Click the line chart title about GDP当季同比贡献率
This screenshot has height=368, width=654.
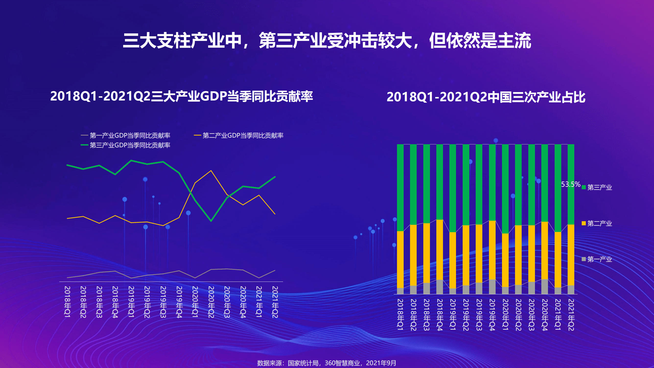click(x=181, y=97)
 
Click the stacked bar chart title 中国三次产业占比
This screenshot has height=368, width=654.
click(x=486, y=97)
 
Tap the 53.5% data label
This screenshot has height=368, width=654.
click(x=570, y=184)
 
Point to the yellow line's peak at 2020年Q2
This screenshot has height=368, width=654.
click(x=211, y=171)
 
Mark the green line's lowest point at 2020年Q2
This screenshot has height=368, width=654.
click(x=211, y=221)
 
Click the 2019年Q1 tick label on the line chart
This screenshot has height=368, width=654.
click(x=131, y=302)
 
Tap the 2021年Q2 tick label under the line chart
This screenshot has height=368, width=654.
click(x=275, y=302)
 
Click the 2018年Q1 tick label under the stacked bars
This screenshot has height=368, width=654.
click(x=400, y=315)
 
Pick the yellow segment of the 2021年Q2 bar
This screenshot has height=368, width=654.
click(x=571, y=254)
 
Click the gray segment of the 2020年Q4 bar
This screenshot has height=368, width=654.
click(x=544, y=286)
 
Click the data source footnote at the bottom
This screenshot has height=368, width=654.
click(x=326, y=363)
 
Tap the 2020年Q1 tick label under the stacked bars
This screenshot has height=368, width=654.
click(x=505, y=315)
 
